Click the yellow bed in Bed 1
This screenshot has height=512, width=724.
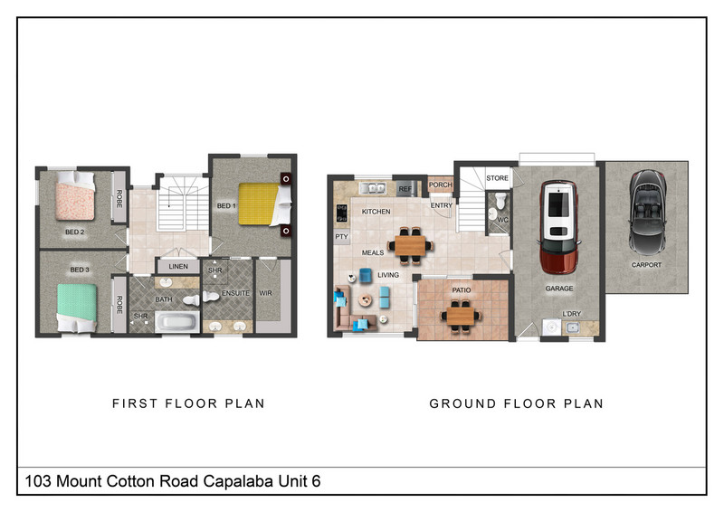coord(265,204)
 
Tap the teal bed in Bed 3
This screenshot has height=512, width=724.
coord(77,308)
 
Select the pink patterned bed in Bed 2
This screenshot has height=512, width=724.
coord(75,195)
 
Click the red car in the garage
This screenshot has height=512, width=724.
coord(558,227)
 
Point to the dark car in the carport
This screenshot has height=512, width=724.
coord(647,213)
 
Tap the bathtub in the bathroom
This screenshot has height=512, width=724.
coord(177,322)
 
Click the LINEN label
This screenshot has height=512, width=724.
coord(178,266)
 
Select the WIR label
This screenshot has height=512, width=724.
coord(265,293)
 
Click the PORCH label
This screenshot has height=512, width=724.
coord(441,185)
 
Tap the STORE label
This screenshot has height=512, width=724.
coord(497,177)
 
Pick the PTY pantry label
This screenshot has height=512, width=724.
coord(342,237)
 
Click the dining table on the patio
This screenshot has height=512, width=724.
coord(462,317)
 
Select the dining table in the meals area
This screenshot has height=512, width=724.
coord(410,246)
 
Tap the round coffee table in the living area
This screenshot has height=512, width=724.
coord(366,300)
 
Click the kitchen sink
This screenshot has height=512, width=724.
coord(373,188)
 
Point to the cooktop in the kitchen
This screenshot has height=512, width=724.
coord(342,213)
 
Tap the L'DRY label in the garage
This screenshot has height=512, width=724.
coord(572,314)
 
